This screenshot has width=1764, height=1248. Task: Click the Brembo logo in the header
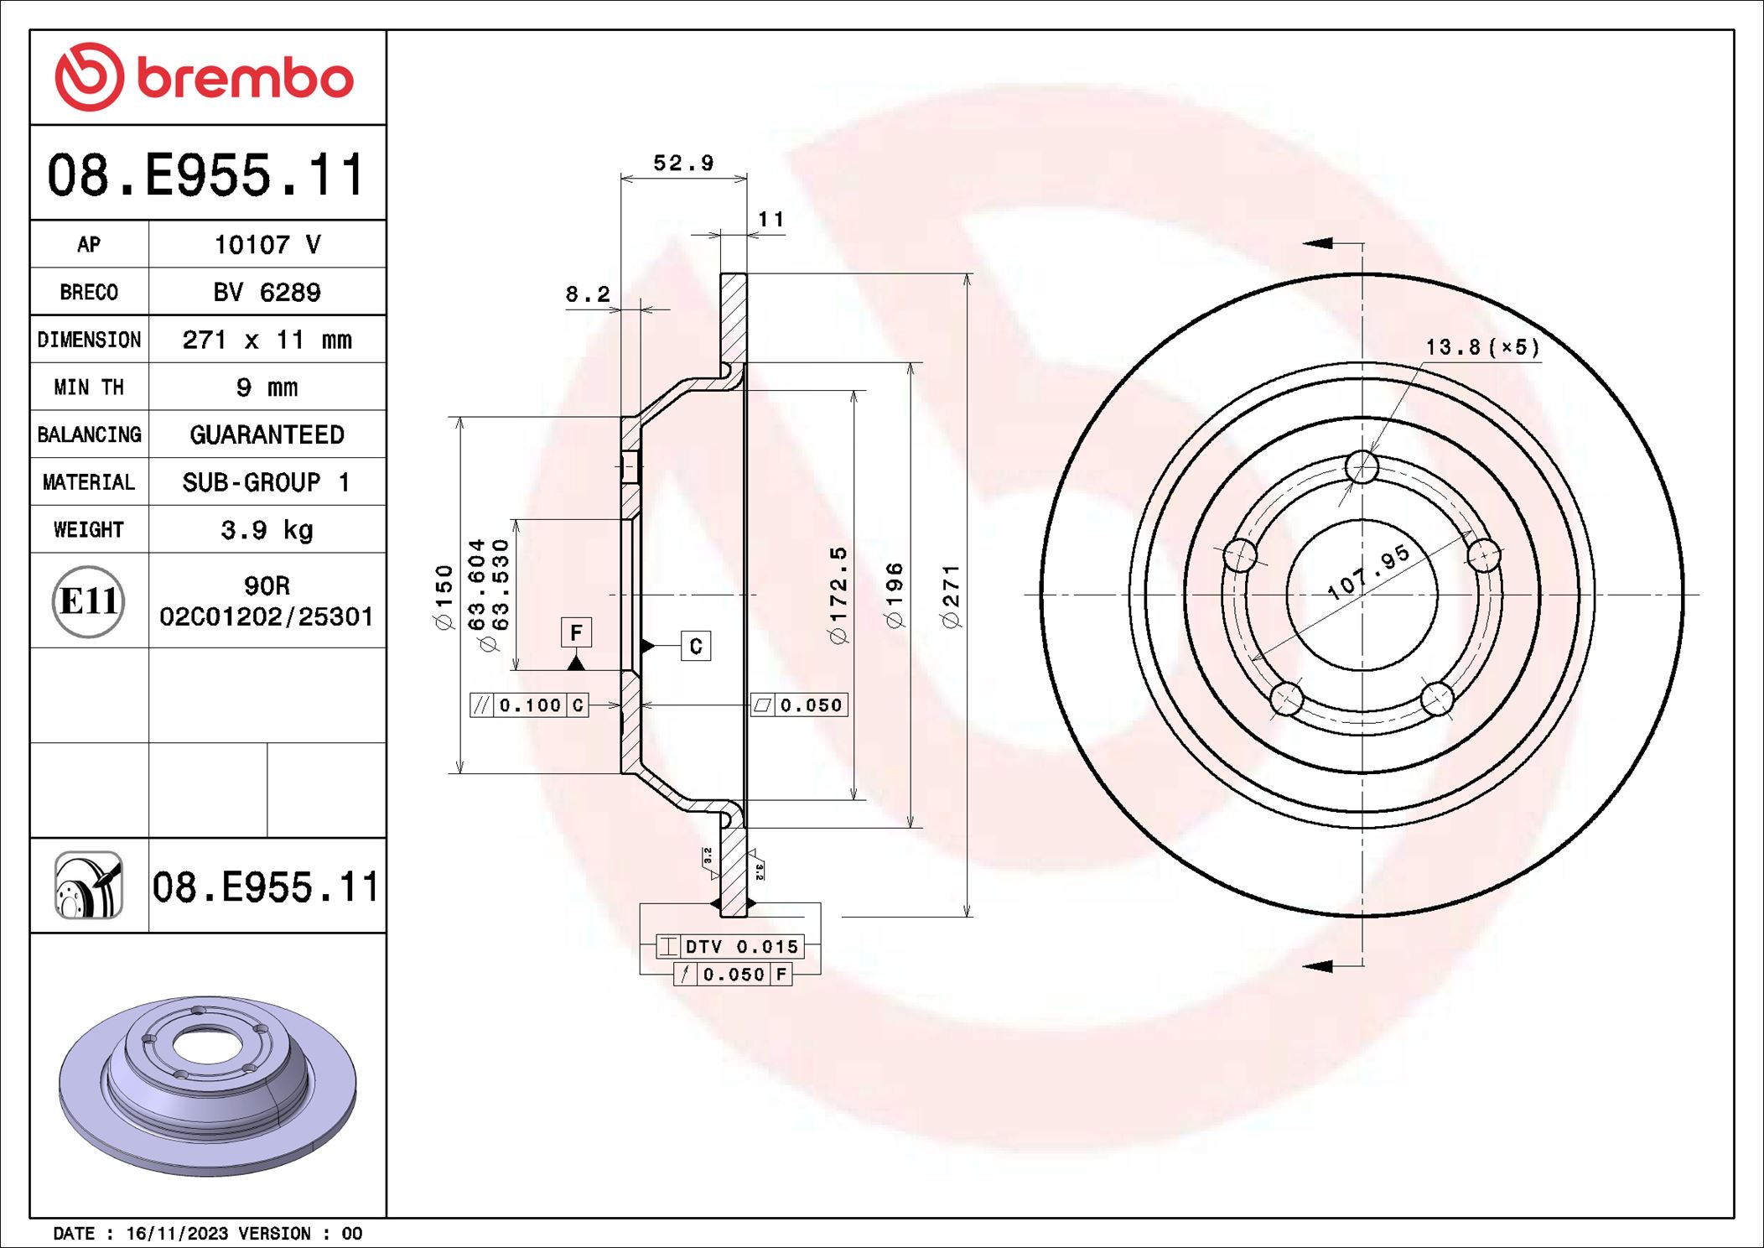[205, 77]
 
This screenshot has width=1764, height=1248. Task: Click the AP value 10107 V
[267, 245]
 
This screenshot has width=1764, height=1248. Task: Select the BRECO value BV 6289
[267, 293]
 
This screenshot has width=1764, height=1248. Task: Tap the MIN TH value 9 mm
[267, 387]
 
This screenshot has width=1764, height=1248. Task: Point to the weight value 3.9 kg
[267, 530]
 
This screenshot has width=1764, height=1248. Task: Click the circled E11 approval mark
[88, 601]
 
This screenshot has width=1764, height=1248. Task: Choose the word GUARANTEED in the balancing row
[267, 434]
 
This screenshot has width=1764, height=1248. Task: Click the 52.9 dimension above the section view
[683, 163]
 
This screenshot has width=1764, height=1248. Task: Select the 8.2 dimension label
[588, 294]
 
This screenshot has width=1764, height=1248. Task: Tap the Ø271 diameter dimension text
[951, 596]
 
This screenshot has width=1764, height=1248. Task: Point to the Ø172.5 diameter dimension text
[838, 595]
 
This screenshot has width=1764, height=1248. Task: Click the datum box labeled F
[576, 632]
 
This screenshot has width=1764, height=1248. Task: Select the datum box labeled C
[696, 646]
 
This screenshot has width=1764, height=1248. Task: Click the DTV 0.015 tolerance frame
[729, 947]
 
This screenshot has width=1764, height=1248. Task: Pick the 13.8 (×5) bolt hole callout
[1482, 347]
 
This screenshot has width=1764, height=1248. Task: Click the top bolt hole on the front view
[1362, 466]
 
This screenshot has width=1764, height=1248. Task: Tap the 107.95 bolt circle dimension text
[1368, 572]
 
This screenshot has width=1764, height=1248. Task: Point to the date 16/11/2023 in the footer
[177, 1233]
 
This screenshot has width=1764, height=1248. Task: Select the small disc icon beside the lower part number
[89, 886]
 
